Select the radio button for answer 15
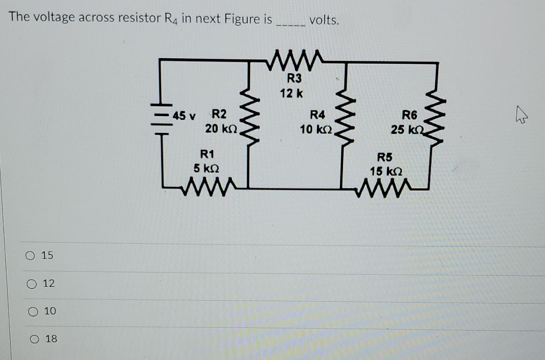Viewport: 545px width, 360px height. pos(30,256)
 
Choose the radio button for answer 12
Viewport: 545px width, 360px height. pos(32,284)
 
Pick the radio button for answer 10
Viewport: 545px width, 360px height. pos(33,312)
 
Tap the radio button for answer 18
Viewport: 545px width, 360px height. pos(34,339)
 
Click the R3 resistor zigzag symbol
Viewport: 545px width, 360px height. pos(295,61)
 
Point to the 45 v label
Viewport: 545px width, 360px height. pos(184,116)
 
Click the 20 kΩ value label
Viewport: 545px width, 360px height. pos(221,129)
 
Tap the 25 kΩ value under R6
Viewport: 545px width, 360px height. pos(407,130)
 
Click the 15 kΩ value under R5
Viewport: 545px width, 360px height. pos(386,172)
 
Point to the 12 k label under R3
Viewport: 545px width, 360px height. pos(291,93)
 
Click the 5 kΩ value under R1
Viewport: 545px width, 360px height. pos(206,168)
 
